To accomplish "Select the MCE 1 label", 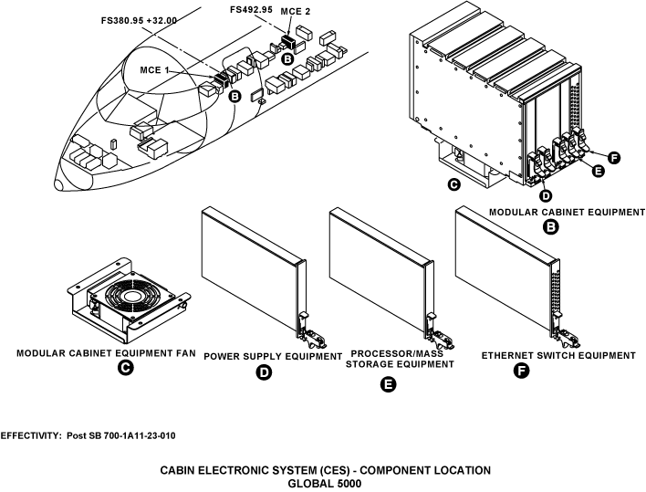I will pyautogui.click(x=155, y=69).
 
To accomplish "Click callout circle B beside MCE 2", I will pyautogui.click(x=287, y=58).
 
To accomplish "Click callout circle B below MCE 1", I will pyautogui.click(x=234, y=96).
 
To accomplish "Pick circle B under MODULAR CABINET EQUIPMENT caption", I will pyautogui.click(x=551, y=227).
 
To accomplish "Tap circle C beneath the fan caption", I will pyautogui.click(x=126, y=369).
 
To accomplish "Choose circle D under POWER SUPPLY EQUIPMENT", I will pyautogui.click(x=263, y=372).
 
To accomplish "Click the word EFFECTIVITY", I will pyautogui.click(x=31, y=435).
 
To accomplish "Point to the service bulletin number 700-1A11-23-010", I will pyautogui.click(x=134, y=435).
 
